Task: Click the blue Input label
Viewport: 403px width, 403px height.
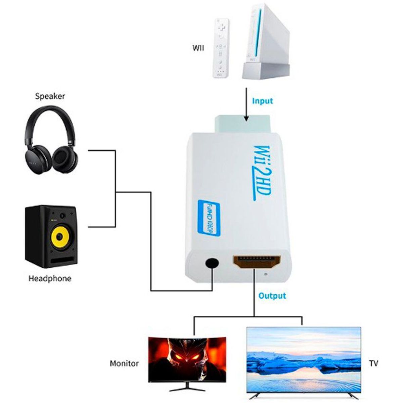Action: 262,101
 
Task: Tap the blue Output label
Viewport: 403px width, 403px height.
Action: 272,296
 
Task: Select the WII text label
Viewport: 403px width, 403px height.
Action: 198,48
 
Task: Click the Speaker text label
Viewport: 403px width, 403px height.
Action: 50,96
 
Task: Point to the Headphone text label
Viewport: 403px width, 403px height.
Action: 50,278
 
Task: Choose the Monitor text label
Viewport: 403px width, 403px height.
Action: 124,363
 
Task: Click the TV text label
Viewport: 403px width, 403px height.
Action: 373,363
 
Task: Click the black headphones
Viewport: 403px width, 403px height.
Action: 51,141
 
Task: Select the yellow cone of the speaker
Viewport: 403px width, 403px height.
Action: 60,237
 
